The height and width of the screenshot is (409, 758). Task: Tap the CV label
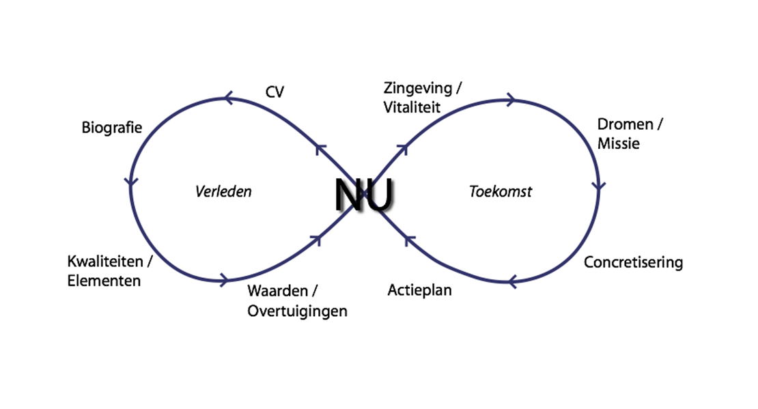pos(274,91)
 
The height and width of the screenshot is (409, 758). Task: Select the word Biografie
pos(111,128)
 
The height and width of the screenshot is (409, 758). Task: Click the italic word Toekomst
pos(500,191)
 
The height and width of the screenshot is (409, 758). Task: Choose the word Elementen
pos(104,281)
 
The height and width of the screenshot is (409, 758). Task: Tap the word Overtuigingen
pos(297,311)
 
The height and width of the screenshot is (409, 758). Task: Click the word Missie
pos(618,143)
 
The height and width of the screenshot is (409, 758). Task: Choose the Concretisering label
pos(633,262)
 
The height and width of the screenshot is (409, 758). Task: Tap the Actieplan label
pos(419,290)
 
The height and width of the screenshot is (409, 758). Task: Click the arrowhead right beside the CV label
pos(229,100)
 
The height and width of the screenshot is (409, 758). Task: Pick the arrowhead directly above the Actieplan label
pos(408,238)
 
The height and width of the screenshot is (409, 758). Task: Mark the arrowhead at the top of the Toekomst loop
pos(509,100)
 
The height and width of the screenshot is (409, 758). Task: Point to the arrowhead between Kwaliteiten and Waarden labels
pos(223,279)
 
